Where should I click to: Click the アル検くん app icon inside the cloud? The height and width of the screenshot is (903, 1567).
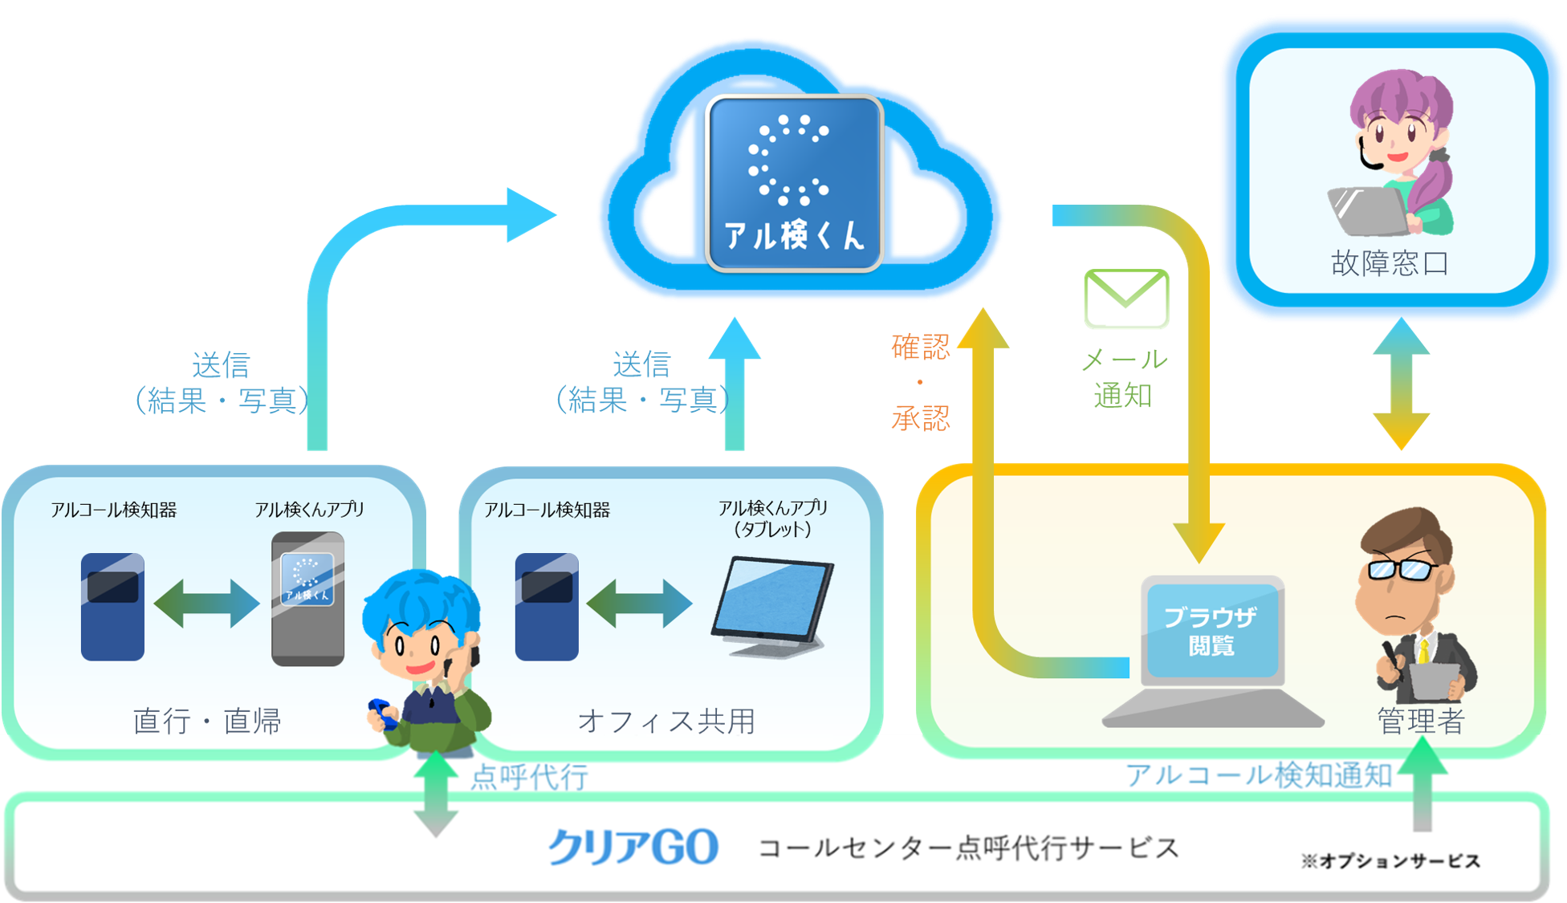794,183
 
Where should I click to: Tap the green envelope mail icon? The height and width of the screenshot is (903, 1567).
1126,298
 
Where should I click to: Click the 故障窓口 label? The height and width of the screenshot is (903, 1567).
1390,263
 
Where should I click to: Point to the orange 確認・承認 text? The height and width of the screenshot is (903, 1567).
921,382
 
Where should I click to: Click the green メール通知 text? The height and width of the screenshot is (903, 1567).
1124,377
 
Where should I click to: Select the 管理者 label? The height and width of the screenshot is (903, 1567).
1420,721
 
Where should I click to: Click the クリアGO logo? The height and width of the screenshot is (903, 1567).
633,847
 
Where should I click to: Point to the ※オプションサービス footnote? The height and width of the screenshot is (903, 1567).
1390,861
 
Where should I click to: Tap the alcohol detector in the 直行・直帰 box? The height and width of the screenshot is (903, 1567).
112,606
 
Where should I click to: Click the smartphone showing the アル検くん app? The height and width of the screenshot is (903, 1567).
307,599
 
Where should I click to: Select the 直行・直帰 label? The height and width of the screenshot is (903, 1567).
207,721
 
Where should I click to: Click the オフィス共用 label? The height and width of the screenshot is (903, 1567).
666,721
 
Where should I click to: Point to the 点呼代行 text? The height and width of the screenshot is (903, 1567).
529,777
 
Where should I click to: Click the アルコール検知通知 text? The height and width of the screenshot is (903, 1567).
1258,775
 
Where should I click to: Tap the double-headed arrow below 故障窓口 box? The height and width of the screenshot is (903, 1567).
1402,383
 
